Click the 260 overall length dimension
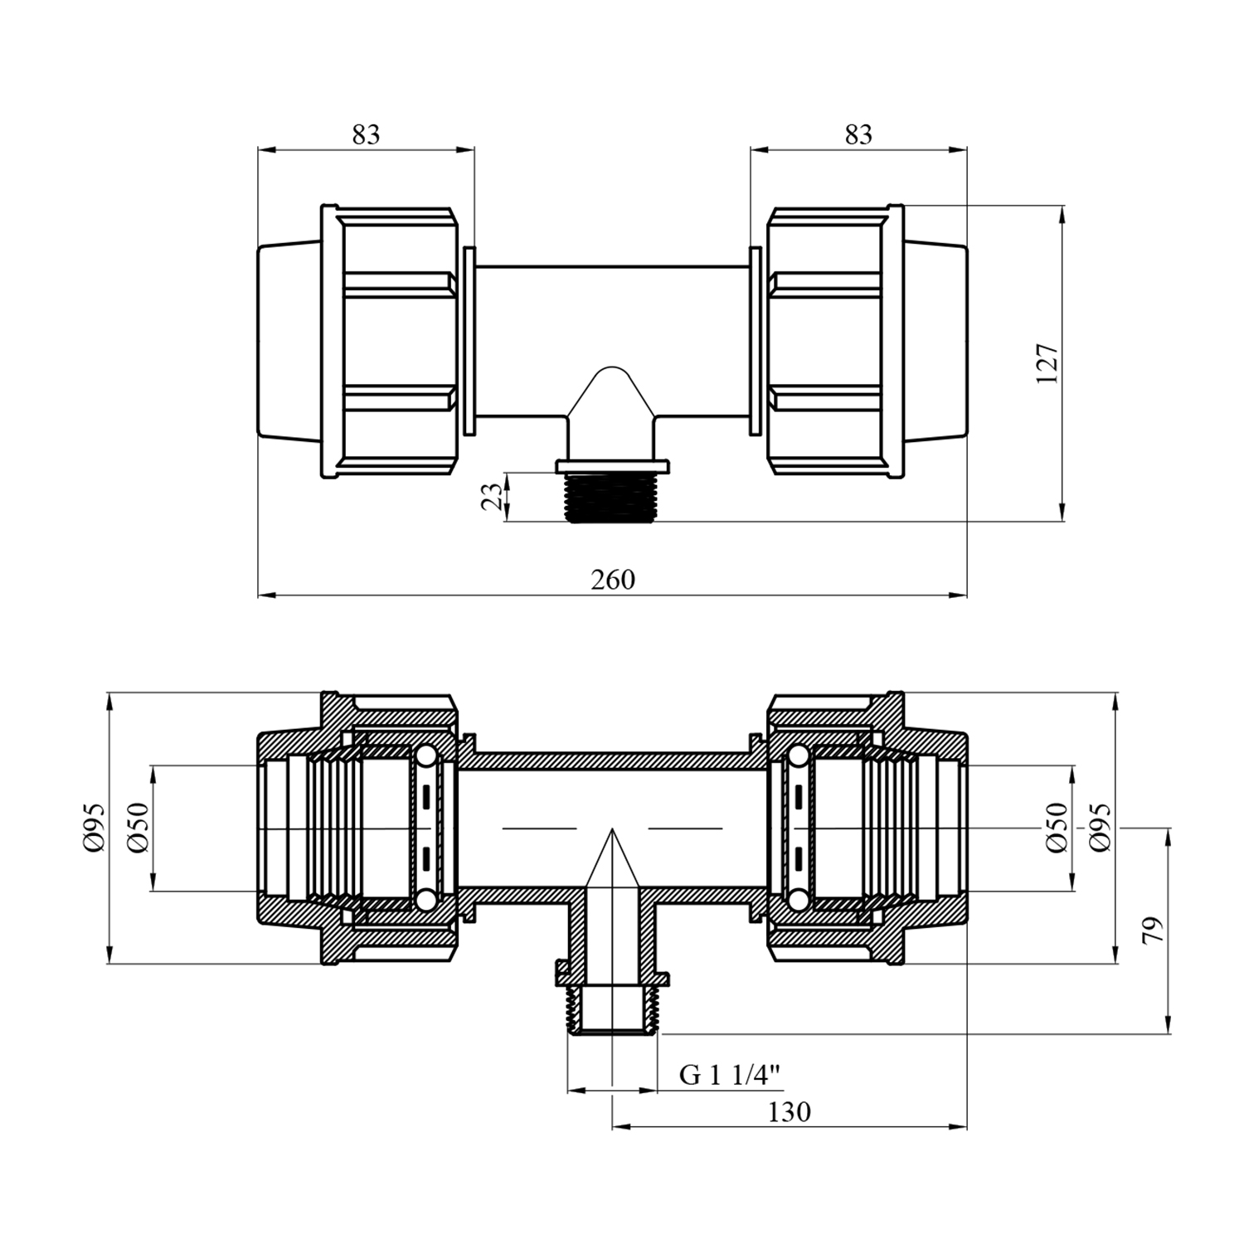(613, 579)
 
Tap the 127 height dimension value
(1047, 363)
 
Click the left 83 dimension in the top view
(366, 134)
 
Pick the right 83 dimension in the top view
(859, 134)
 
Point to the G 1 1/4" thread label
(730, 1076)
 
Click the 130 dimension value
(789, 1112)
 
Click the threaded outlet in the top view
(612, 498)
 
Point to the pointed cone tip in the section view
(612, 831)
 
